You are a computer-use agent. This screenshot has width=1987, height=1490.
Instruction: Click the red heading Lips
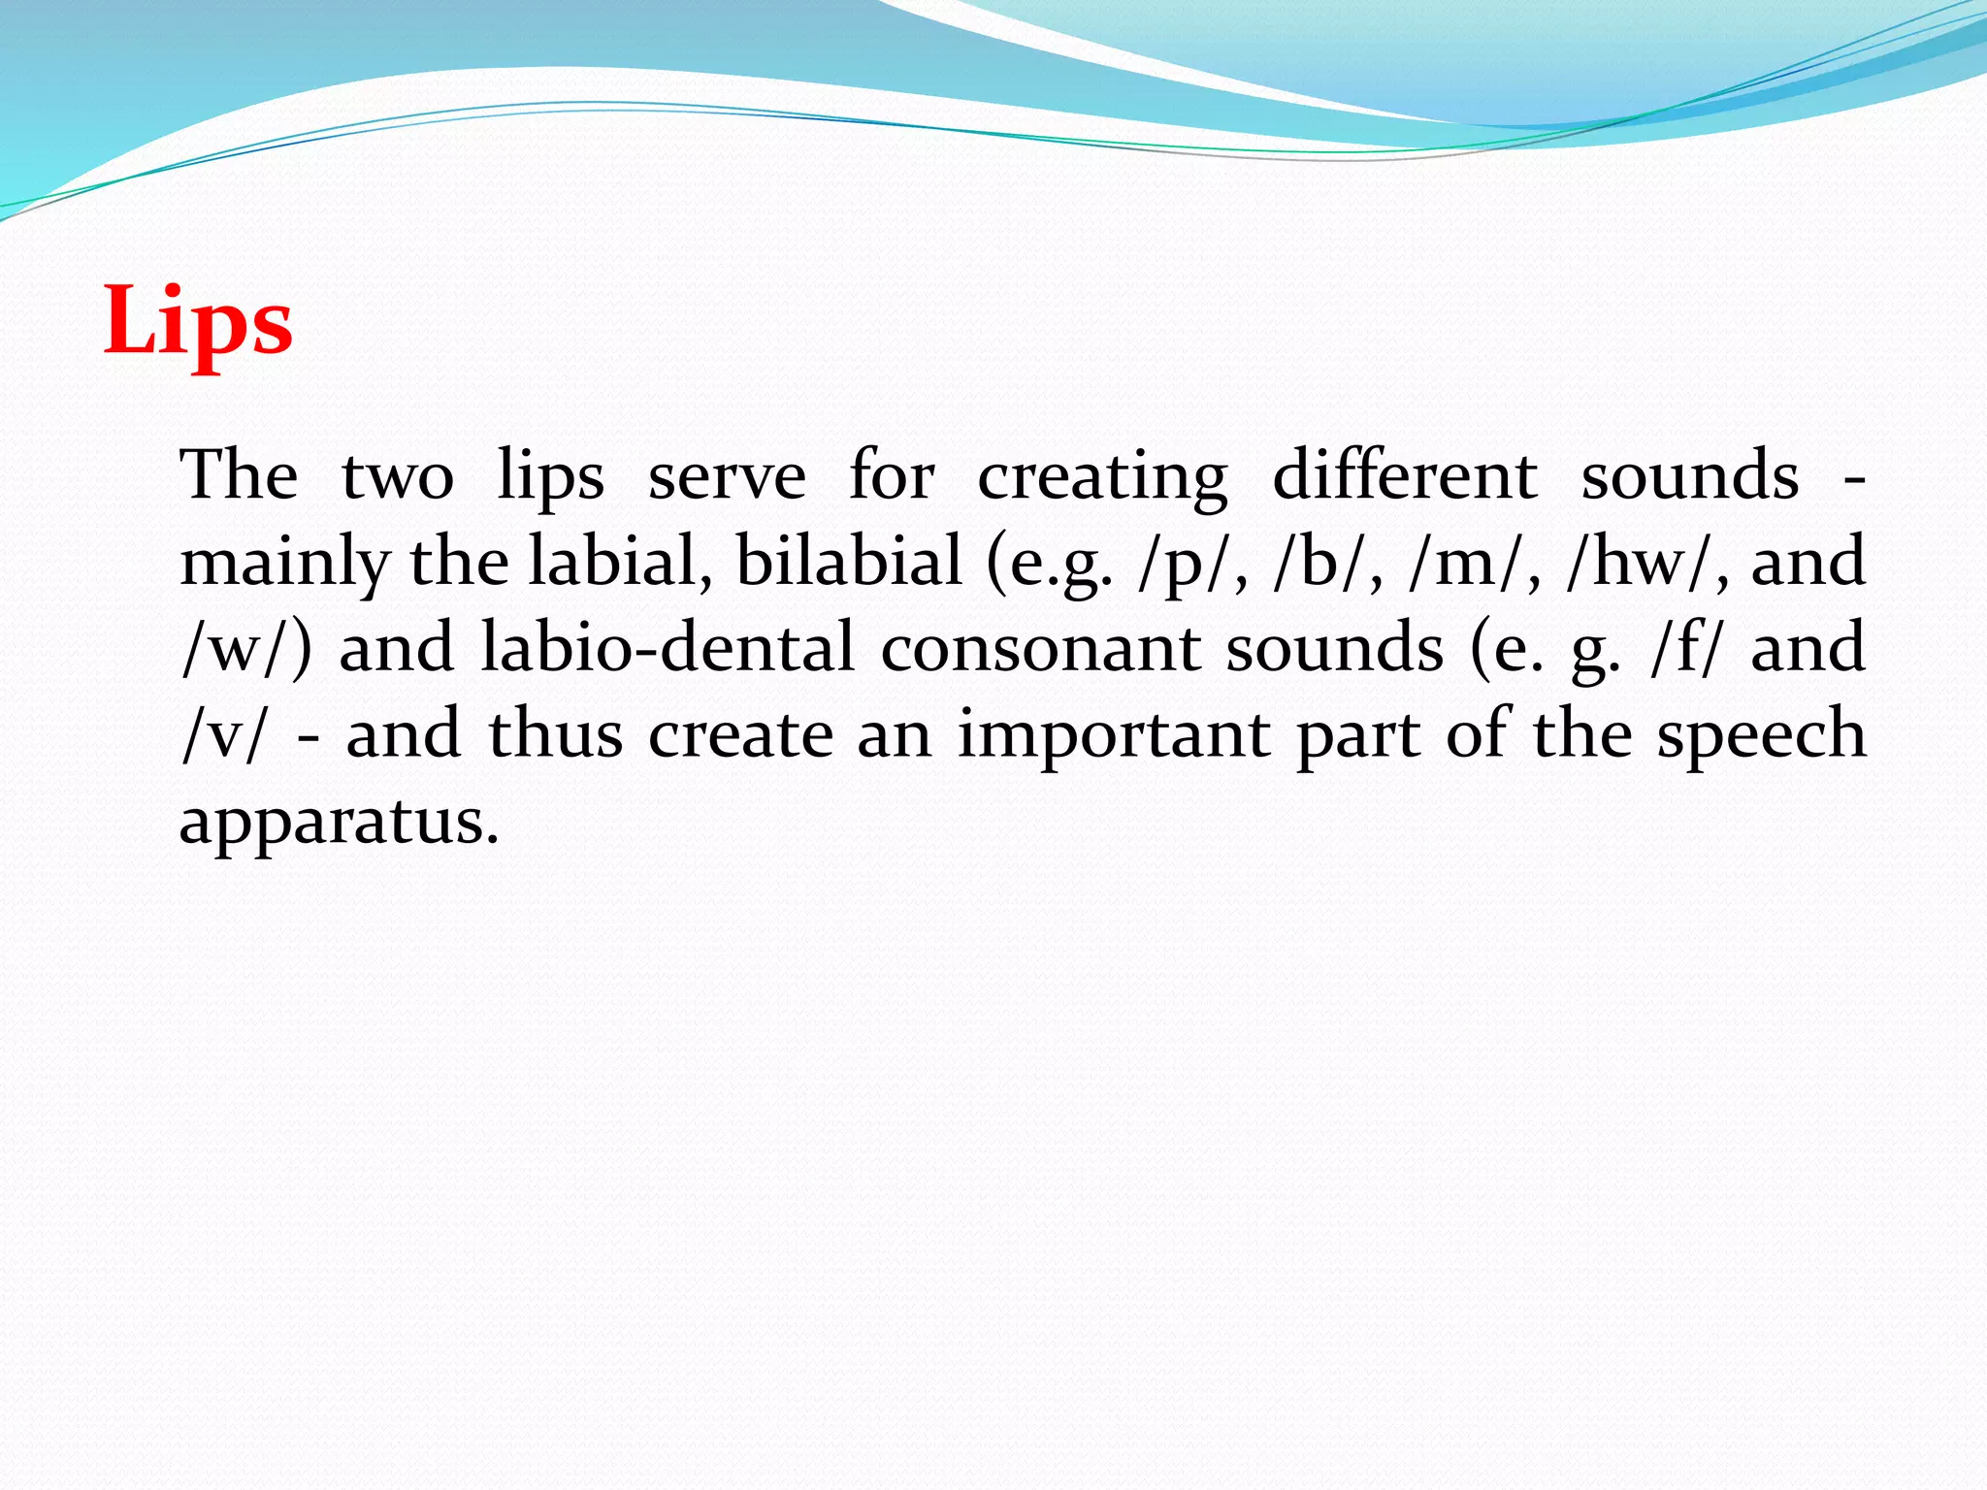pyautogui.click(x=198, y=321)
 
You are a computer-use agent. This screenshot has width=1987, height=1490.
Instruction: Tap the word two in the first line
pyautogui.click(x=398, y=476)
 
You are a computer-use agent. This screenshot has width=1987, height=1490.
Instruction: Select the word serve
pyautogui.click(x=727, y=476)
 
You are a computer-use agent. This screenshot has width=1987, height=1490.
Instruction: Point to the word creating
pyautogui.click(x=1102, y=478)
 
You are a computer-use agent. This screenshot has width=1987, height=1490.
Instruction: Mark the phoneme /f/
pyautogui.click(x=1685, y=648)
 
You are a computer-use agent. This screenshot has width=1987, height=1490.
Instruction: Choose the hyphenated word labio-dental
pyautogui.click(x=668, y=648)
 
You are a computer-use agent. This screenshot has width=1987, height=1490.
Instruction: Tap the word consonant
pyautogui.click(x=1040, y=648)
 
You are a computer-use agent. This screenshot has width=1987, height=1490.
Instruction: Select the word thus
pyautogui.click(x=556, y=734)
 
